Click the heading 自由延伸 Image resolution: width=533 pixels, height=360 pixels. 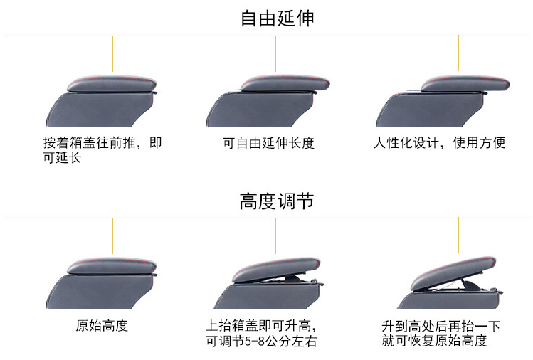click(x=277, y=18)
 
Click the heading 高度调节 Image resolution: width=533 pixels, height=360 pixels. click(x=277, y=201)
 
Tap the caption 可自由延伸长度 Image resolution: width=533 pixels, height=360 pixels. click(x=268, y=143)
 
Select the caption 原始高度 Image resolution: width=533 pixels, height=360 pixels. click(x=102, y=327)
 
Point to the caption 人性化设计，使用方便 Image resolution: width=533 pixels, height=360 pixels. click(x=440, y=143)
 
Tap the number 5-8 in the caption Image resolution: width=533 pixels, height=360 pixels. click(x=250, y=342)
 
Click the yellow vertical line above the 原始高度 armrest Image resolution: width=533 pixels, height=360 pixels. click(x=112, y=235)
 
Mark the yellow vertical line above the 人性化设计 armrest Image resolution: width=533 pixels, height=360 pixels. click(x=458, y=53)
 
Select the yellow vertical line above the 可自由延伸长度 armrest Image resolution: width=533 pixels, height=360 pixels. click(x=276, y=53)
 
